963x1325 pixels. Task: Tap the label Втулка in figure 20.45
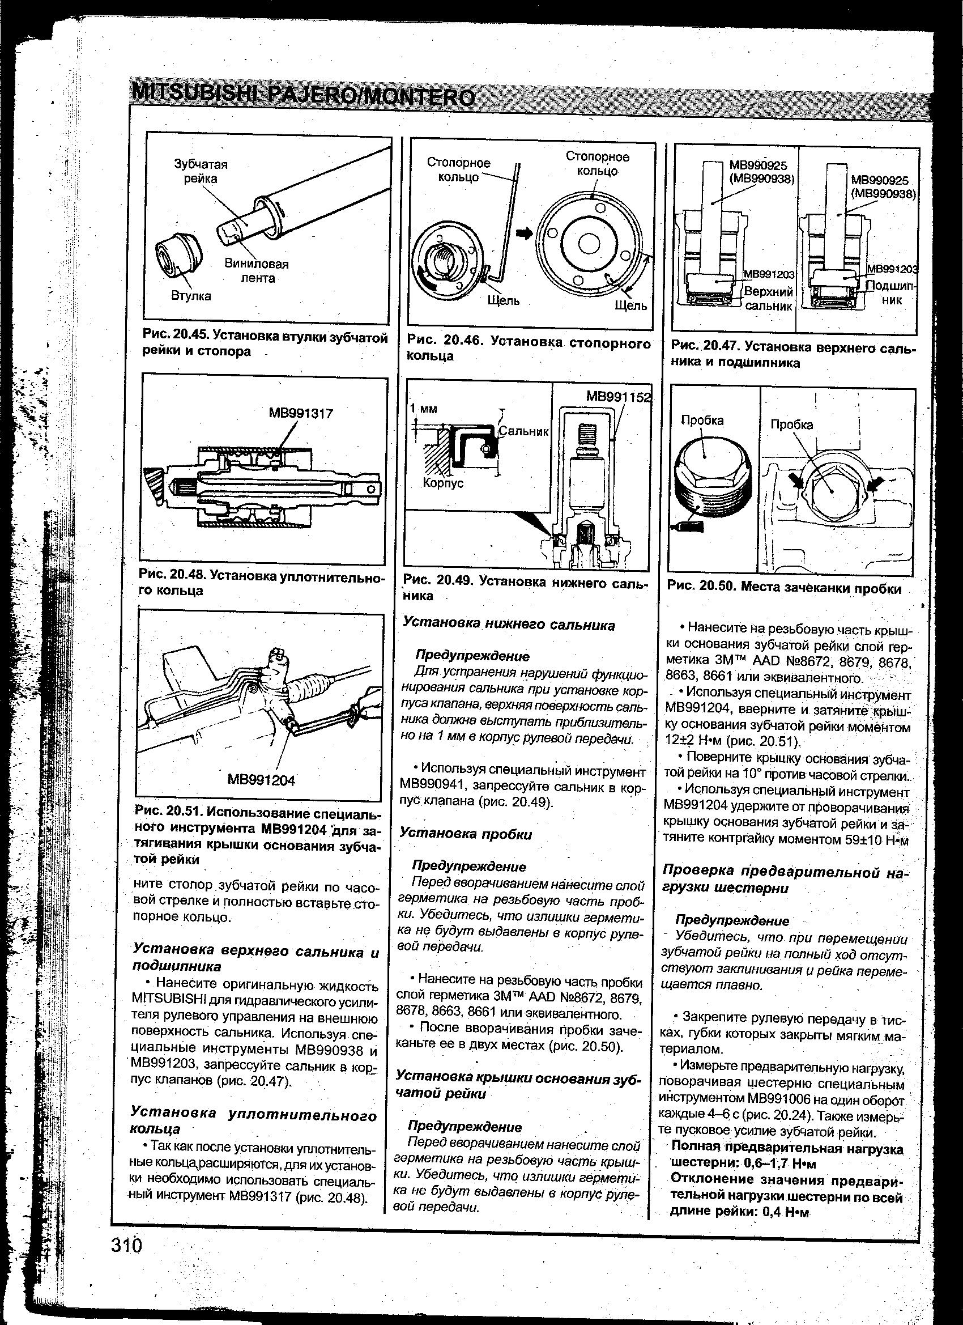tap(191, 296)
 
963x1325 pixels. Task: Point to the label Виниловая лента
tap(257, 271)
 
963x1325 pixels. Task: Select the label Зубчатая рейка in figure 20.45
tap(201, 171)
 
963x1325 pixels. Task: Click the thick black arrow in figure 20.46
tap(525, 233)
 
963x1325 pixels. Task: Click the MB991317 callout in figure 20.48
tap(301, 414)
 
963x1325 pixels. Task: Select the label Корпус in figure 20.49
tap(441, 484)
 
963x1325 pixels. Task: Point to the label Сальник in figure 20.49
tap(524, 432)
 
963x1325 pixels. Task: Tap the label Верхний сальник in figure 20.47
tap(769, 299)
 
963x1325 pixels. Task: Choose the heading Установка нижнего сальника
tap(509, 625)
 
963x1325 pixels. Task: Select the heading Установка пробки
tap(466, 834)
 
